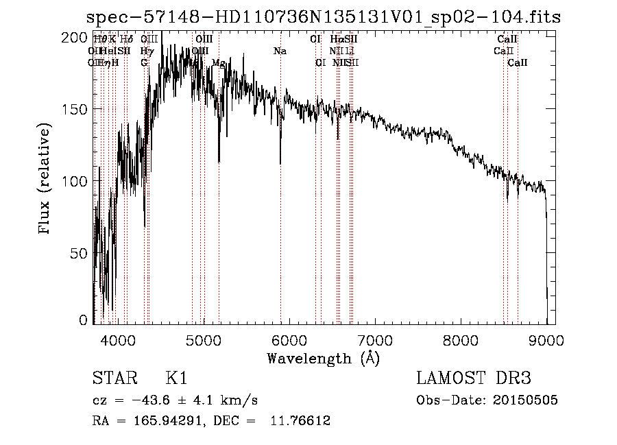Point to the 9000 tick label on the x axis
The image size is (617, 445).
[x=546, y=339]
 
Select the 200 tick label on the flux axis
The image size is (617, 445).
[x=77, y=38]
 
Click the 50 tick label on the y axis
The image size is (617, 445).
[x=80, y=254]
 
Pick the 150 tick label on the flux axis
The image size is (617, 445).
[x=77, y=110]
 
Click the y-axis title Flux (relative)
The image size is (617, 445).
[x=46, y=180]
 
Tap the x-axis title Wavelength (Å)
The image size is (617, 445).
[x=323, y=358]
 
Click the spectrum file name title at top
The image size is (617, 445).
[x=324, y=17]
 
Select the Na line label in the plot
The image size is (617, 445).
[x=280, y=51]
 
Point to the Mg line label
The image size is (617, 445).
[x=219, y=62]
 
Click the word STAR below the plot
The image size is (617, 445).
[x=113, y=378]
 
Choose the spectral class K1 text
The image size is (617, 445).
[x=176, y=378]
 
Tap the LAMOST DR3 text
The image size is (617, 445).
[x=474, y=378]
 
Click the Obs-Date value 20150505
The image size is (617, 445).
[x=528, y=400]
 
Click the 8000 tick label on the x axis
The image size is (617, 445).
[x=461, y=339]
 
